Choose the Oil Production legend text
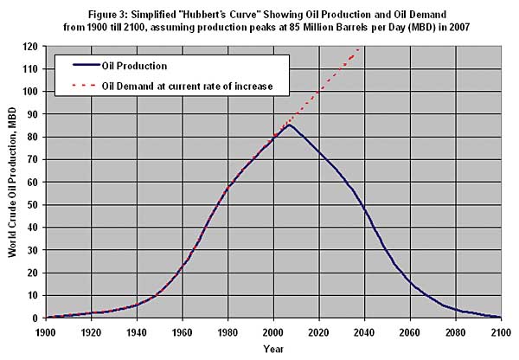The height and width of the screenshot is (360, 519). pos(133,65)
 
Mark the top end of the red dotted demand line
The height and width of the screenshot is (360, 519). pos(359,48)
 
